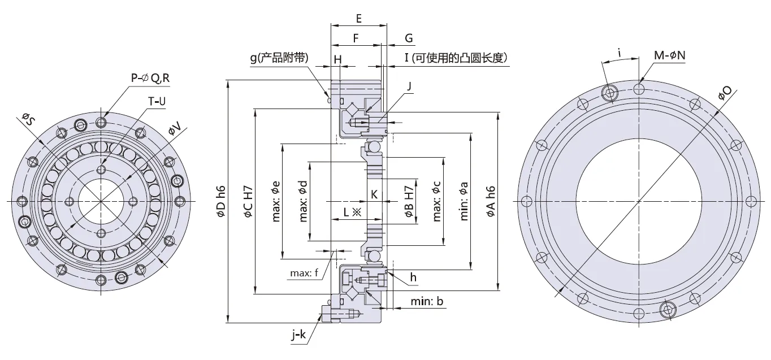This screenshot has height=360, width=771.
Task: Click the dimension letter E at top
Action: pos(359,18)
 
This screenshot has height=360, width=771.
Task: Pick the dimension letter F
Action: pos(356,38)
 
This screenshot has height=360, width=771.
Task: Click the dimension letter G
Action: pos(409,38)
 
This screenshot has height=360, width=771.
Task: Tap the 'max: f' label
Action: pos(305,274)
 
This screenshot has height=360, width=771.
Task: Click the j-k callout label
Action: pos(299,336)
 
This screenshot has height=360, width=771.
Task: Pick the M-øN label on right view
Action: pos(669,55)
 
